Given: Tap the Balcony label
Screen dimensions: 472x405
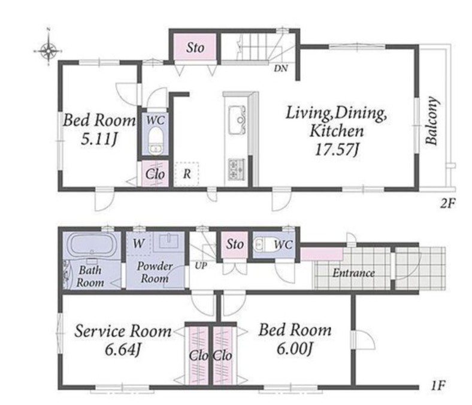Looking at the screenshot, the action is [x=431, y=121].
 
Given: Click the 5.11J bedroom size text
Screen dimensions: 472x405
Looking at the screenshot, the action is [x=99, y=139].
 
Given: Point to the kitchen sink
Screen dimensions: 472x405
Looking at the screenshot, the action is [x=237, y=120].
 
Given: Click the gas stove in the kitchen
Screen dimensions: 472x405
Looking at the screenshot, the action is [x=237, y=170].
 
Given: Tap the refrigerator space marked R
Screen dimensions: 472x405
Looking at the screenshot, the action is [x=187, y=174].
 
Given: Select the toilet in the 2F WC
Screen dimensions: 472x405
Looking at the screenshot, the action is [x=156, y=141].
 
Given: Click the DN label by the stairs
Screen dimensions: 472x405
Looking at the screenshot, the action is [x=281, y=69].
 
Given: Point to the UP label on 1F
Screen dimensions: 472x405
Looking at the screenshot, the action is [x=201, y=266].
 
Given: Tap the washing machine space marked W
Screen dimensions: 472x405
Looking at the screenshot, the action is [x=138, y=243].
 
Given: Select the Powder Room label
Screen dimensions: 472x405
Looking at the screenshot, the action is [x=155, y=272].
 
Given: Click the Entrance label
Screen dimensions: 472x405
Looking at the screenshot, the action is [x=353, y=273].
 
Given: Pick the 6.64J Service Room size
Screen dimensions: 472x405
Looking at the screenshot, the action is [x=123, y=350].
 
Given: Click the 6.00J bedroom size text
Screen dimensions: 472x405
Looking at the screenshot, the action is [x=294, y=349].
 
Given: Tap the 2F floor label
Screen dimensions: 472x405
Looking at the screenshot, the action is [x=447, y=204].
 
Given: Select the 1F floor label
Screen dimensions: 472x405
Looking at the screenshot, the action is [x=438, y=385].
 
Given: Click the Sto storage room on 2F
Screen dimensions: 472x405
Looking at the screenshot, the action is [x=195, y=47].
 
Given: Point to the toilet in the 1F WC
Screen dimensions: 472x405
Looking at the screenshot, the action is [x=262, y=244].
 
